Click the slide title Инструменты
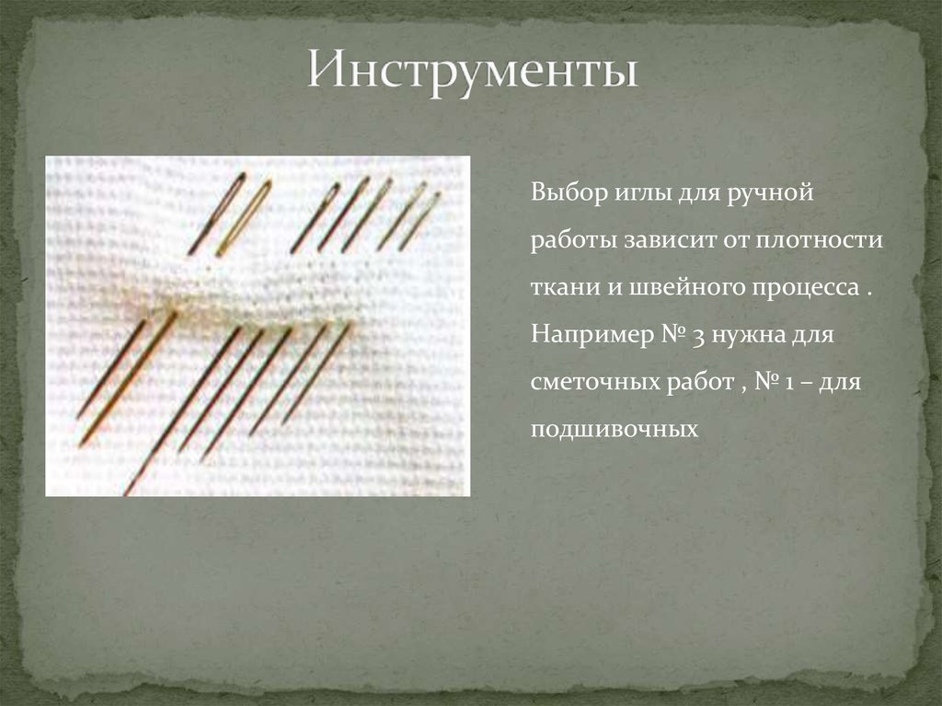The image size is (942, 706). click(472, 71)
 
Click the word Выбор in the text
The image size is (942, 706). click(558, 195)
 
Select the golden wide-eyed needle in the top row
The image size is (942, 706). click(244, 217)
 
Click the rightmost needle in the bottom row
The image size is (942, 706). click(316, 373)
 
